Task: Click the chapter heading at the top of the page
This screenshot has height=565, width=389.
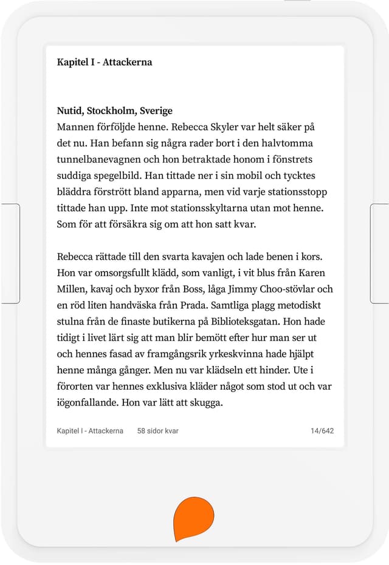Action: tap(104, 63)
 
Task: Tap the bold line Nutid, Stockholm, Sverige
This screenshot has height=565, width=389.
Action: tap(114, 111)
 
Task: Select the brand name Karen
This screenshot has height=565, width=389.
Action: tap(313, 272)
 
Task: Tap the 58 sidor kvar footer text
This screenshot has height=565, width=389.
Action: tap(157, 431)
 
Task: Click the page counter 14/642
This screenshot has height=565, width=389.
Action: tap(322, 431)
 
